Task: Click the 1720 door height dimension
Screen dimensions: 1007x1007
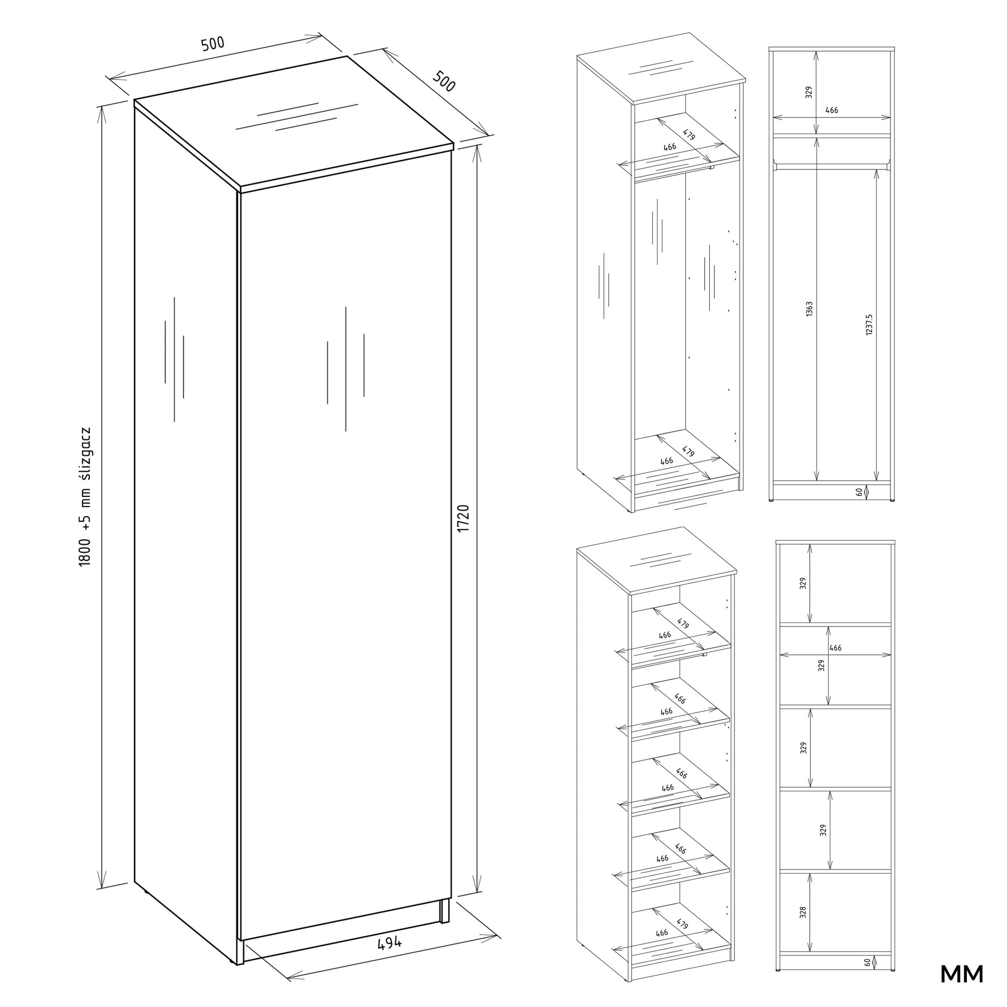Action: [463, 518]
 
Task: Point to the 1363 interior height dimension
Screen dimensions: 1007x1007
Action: [809, 309]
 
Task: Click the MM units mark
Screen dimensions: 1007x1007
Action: [962, 974]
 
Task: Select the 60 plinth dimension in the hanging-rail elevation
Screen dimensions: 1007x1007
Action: [859, 492]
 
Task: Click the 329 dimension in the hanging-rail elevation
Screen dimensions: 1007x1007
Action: [808, 93]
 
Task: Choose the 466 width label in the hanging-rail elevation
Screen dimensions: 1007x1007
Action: [832, 110]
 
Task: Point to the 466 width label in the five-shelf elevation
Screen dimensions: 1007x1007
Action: [835, 648]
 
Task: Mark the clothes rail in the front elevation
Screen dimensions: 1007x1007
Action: [832, 165]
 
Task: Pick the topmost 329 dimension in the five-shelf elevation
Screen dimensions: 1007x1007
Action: [803, 583]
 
